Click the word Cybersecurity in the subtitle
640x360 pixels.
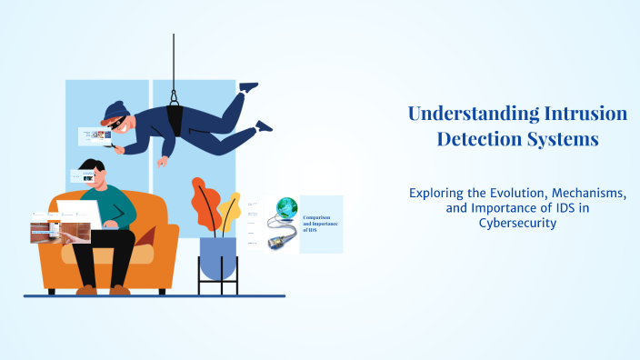click(516, 224)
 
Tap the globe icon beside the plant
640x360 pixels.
click(286, 206)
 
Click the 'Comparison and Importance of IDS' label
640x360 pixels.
click(318, 223)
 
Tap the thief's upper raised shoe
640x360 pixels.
click(248, 87)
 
